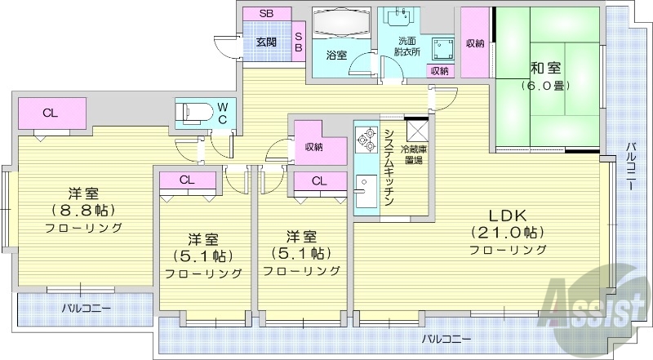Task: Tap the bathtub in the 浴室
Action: [x=340, y=24]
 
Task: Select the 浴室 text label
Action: [x=336, y=56]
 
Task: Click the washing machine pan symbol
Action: [x=444, y=44]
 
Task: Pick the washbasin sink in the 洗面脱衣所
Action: [x=405, y=18]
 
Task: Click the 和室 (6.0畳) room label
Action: [x=547, y=76]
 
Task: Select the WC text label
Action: [x=222, y=112]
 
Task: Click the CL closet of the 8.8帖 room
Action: [x=51, y=113]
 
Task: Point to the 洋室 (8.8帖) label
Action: [x=83, y=211]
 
